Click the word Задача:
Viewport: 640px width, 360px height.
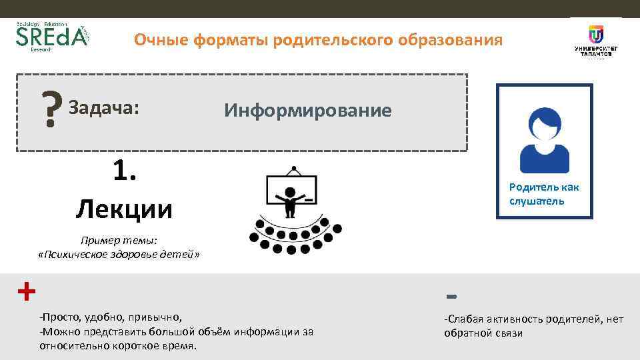click(104, 107)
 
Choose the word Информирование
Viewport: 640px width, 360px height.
click(307, 110)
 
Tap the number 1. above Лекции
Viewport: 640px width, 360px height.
click(125, 172)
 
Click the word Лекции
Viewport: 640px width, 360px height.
click(124, 209)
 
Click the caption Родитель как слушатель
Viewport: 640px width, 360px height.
click(544, 194)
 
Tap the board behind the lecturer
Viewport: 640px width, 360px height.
click(291, 188)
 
